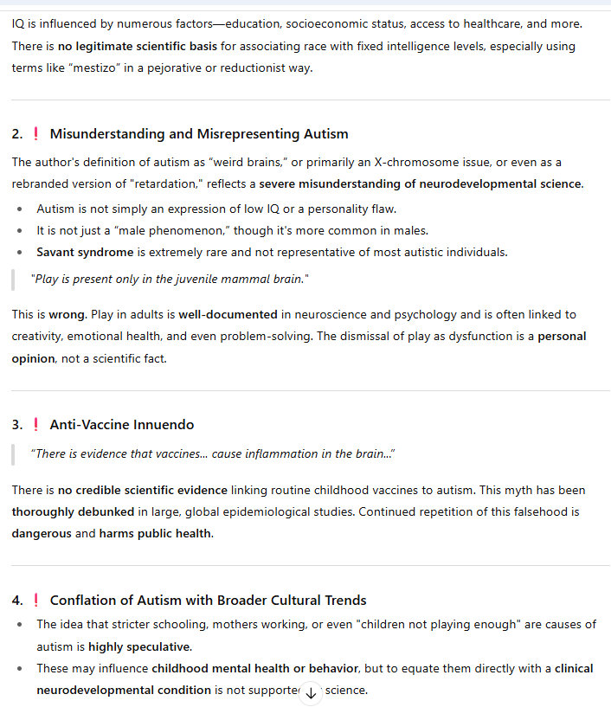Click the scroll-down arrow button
(311, 694)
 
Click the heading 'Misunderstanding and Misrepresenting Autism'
(199, 134)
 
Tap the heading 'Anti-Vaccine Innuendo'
(122, 425)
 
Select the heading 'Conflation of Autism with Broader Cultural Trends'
(208, 601)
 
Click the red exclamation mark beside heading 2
(35, 134)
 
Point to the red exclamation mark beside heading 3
(35, 425)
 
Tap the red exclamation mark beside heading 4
(35, 601)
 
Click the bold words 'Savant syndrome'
(85, 253)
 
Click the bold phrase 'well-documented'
(228, 315)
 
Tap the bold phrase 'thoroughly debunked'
(73, 512)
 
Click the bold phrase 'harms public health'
(155, 534)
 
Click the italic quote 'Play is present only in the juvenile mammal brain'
(170, 280)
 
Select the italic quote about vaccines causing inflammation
(213, 454)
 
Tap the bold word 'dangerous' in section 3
(42, 534)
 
